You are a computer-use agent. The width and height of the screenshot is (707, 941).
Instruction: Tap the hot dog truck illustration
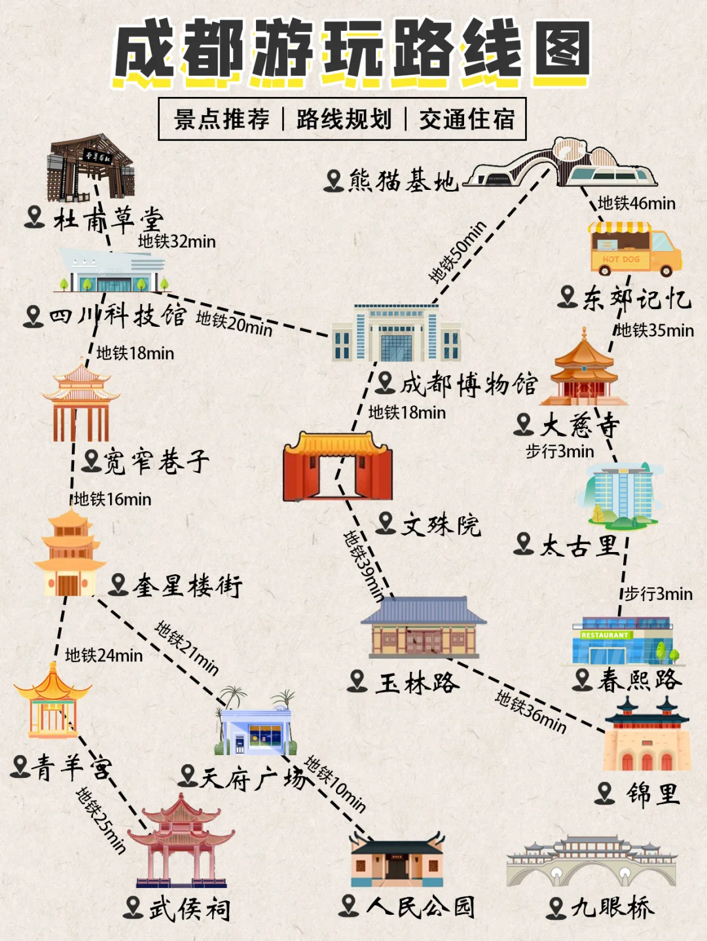(x=634, y=249)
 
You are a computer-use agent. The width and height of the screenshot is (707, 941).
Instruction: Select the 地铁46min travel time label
(x=636, y=204)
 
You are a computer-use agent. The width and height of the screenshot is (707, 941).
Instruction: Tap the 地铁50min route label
(x=458, y=252)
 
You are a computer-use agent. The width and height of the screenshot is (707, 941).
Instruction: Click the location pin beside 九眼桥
(x=556, y=908)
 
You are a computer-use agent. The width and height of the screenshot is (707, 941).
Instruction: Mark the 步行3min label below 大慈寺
(x=560, y=451)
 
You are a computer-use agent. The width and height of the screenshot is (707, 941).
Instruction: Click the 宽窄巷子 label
(x=156, y=461)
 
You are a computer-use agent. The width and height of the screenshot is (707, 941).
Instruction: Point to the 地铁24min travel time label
(x=103, y=655)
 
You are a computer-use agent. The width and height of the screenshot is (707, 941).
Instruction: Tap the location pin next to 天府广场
(x=188, y=776)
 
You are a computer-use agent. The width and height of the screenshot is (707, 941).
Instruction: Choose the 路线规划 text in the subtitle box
(x=344, y=119)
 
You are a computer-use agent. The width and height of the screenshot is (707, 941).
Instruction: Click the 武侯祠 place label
(x=189, y=908)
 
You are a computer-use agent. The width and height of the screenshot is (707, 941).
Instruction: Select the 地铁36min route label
(x=530, y=711)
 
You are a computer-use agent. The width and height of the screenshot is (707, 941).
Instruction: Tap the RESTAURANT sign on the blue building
(x=605, y=635)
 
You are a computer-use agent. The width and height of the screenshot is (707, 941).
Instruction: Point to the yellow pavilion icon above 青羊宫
(x=52, y=701)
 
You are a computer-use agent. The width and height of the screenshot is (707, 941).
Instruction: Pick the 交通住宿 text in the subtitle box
(x=467, y=119)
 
